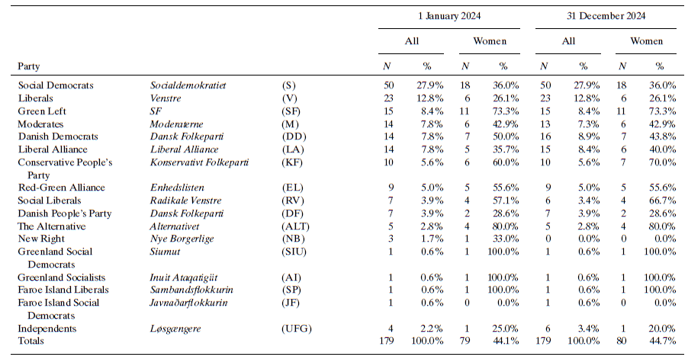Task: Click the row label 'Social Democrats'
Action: (x=55, y=85)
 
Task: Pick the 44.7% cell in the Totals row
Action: (x=661, y=341)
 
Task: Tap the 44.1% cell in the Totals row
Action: (x=505, y=341)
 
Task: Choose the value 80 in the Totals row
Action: (x=622, y=341)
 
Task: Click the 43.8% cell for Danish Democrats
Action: (x=661, y=137)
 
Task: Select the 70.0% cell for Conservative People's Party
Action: (x=661, y=162)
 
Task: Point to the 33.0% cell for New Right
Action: (x=505, y=239)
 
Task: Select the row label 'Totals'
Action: (x=31, y=341)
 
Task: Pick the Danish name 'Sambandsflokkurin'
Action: (x=191, y=291)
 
